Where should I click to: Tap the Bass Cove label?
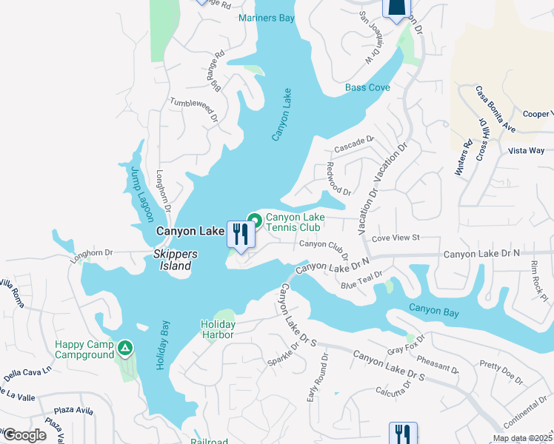coord(367,87)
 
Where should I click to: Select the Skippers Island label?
coord(176,260)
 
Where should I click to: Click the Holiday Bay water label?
coord(162,345)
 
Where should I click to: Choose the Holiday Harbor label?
coord(218,329)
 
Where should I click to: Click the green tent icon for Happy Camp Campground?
coord(125,346)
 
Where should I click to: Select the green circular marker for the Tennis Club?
coord(255,220)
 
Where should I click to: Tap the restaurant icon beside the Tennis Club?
coord(240,235)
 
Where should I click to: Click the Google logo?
coord(24,435)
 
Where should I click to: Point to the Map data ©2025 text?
coord(522,438)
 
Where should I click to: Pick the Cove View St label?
coord(396,238)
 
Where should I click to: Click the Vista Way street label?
coord(527,150)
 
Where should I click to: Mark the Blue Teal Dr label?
coord(361,280)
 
